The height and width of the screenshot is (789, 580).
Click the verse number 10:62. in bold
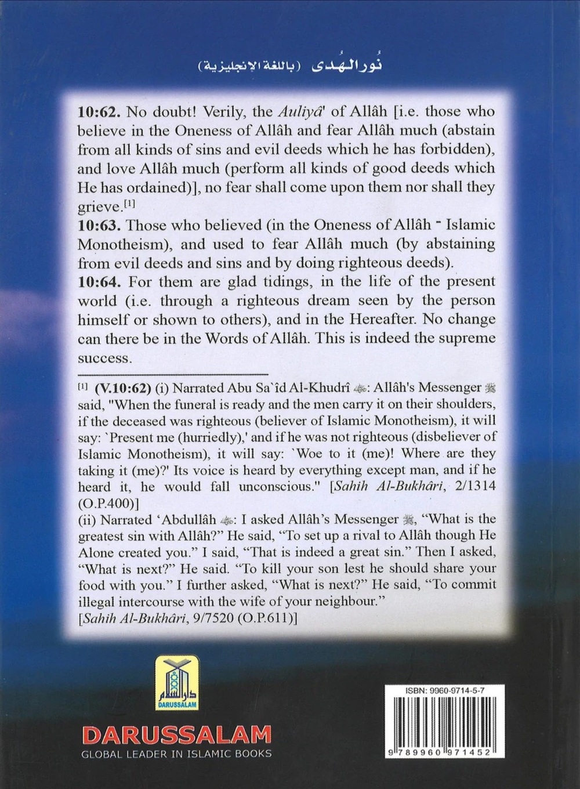[97, 111]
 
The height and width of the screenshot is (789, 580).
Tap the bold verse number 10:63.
[97, 225]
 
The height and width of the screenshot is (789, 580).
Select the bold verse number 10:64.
[97, 282]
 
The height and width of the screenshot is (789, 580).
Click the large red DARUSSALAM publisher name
[177, 735]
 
